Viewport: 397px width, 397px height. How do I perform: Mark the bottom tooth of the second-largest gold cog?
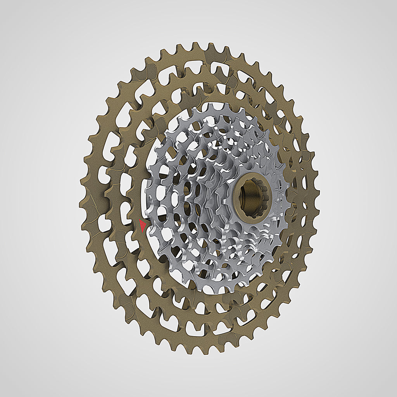click(x=202, y=330)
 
